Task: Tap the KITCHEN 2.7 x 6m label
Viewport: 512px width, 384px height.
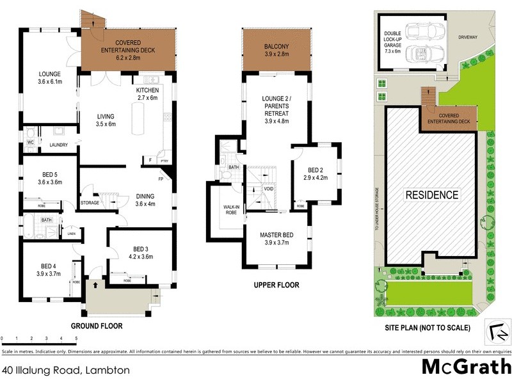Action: (x=147, y=95)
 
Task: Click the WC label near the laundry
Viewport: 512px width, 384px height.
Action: (x=30, y=143)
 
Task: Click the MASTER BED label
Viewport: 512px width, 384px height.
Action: (x=275, y=239)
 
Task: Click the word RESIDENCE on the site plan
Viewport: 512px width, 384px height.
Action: (x=431, y=195)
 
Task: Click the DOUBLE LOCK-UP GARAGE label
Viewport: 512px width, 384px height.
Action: (x=392, y=42)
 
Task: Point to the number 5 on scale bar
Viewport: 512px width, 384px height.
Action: (x=76, y=338)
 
